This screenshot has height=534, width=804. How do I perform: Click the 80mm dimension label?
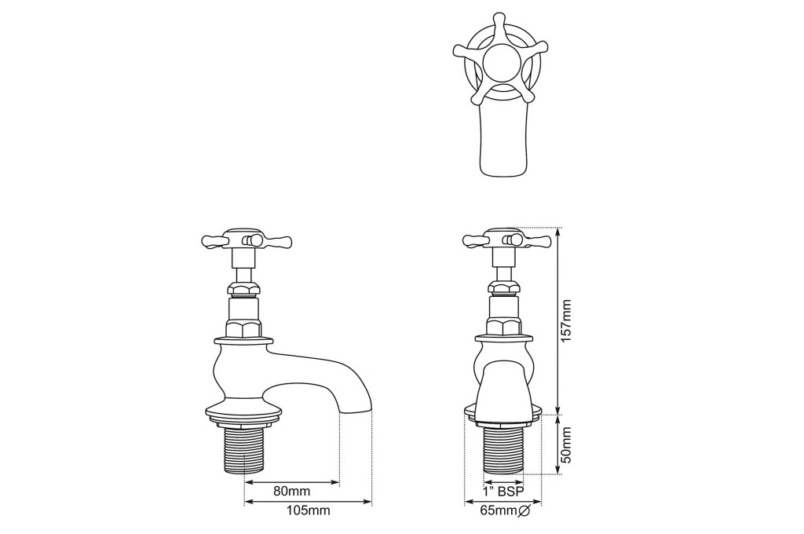291,492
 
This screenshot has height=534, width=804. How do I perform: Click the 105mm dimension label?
307,510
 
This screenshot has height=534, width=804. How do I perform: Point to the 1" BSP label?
502,492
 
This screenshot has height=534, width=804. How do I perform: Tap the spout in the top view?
502,141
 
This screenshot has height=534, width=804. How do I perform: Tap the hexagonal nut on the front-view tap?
502,327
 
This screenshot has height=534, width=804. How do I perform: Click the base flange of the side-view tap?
243,409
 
